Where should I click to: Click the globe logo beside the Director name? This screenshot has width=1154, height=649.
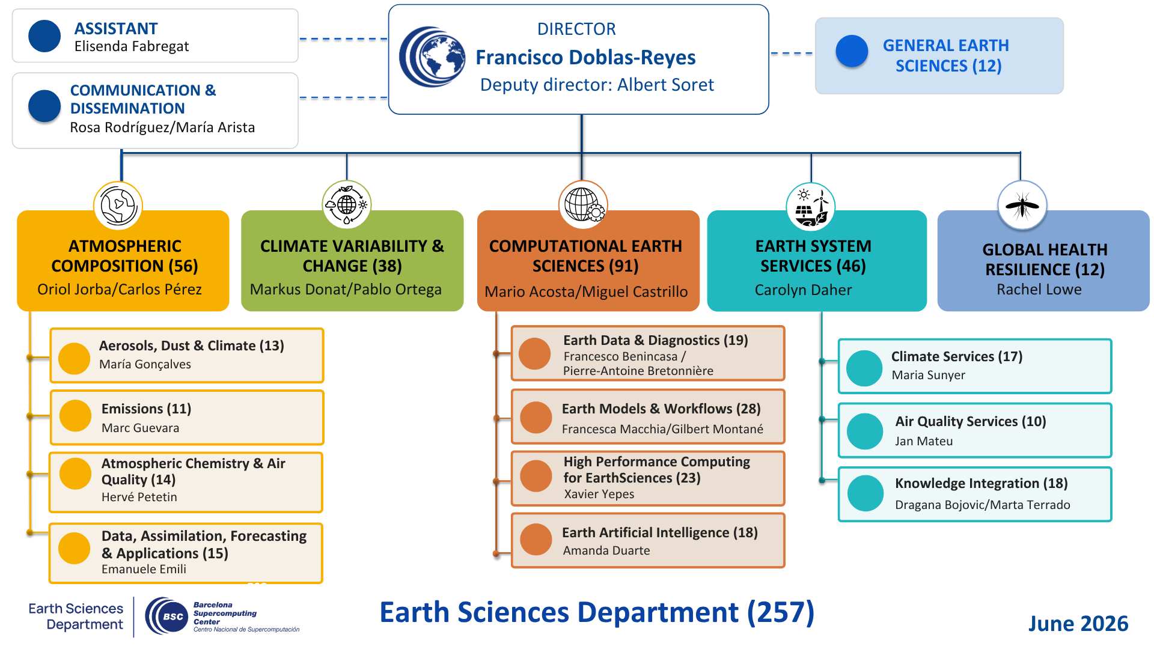pyautogui.click(x=432, y=57)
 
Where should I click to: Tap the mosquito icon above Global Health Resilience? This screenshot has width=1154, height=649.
pyautogui.click(x=1022, y=206)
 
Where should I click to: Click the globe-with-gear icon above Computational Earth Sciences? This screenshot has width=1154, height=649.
pyautogui.click(x=583, y=205)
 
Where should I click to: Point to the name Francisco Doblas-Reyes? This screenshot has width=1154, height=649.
pyautogui.click(x=585, y=58)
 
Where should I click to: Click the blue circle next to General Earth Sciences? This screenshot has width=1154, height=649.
pyautogui.click(x=852, y=51)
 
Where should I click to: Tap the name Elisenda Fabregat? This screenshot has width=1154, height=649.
pyautogui.click(x=132, y=46)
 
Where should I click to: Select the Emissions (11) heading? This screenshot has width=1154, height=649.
pyautogui.click(x=146, y=409)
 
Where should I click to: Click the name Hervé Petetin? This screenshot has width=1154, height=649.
pyautogui.click(x=139, y=497)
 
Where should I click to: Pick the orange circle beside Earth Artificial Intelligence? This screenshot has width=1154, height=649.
pyautogui.click(x=536, y=540)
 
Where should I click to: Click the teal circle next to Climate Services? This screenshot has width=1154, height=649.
pyautogui.click(x=864, y=368)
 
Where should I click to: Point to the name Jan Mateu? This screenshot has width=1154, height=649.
pyautogui.click(x=924, y=441)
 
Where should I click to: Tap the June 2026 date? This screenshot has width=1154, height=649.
pyautogui.click(x=1078, y=624)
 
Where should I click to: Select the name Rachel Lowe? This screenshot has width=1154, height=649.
pyautogui.click(x=1039, y=290)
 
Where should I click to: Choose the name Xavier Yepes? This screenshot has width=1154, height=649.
pyautogui.click(x=599, y=494)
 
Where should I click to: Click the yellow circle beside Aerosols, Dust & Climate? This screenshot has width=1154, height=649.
pyautogui.click(x=74, y=359)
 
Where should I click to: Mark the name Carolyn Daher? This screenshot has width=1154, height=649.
pyautogui.click(x=803, y=290)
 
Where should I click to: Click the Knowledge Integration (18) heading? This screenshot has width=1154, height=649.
pyautogui.click(x=981, y=483)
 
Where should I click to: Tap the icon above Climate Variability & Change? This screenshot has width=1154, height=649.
pyautogui.click(x=347, y=205)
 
